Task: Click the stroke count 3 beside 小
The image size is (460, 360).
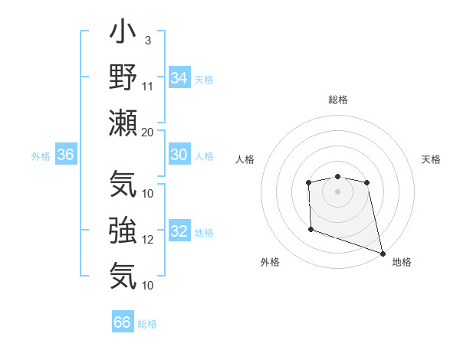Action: [147, 40]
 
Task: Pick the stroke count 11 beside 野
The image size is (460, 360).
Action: [148, 85]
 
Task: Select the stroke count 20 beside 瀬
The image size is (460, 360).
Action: [148, 131]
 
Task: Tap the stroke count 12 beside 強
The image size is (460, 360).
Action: [148, 240]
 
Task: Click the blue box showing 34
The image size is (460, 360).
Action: [179, 77]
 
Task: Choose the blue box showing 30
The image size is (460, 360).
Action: [179, 155]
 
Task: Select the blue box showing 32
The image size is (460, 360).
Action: [179, 231]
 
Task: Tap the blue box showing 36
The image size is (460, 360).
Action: [65, 155]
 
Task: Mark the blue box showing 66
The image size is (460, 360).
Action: [122, 322]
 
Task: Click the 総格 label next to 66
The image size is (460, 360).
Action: [147, 324]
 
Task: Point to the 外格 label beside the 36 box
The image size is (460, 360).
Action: [41, 156]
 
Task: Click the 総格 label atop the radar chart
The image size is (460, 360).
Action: [337, 100]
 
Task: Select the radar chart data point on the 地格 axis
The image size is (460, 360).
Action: [383, 253]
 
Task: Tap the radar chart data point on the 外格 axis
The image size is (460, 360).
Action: [310, 229]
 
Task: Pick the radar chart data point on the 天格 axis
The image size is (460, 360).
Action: [367, 182]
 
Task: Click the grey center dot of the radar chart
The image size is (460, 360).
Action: [337, 191]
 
